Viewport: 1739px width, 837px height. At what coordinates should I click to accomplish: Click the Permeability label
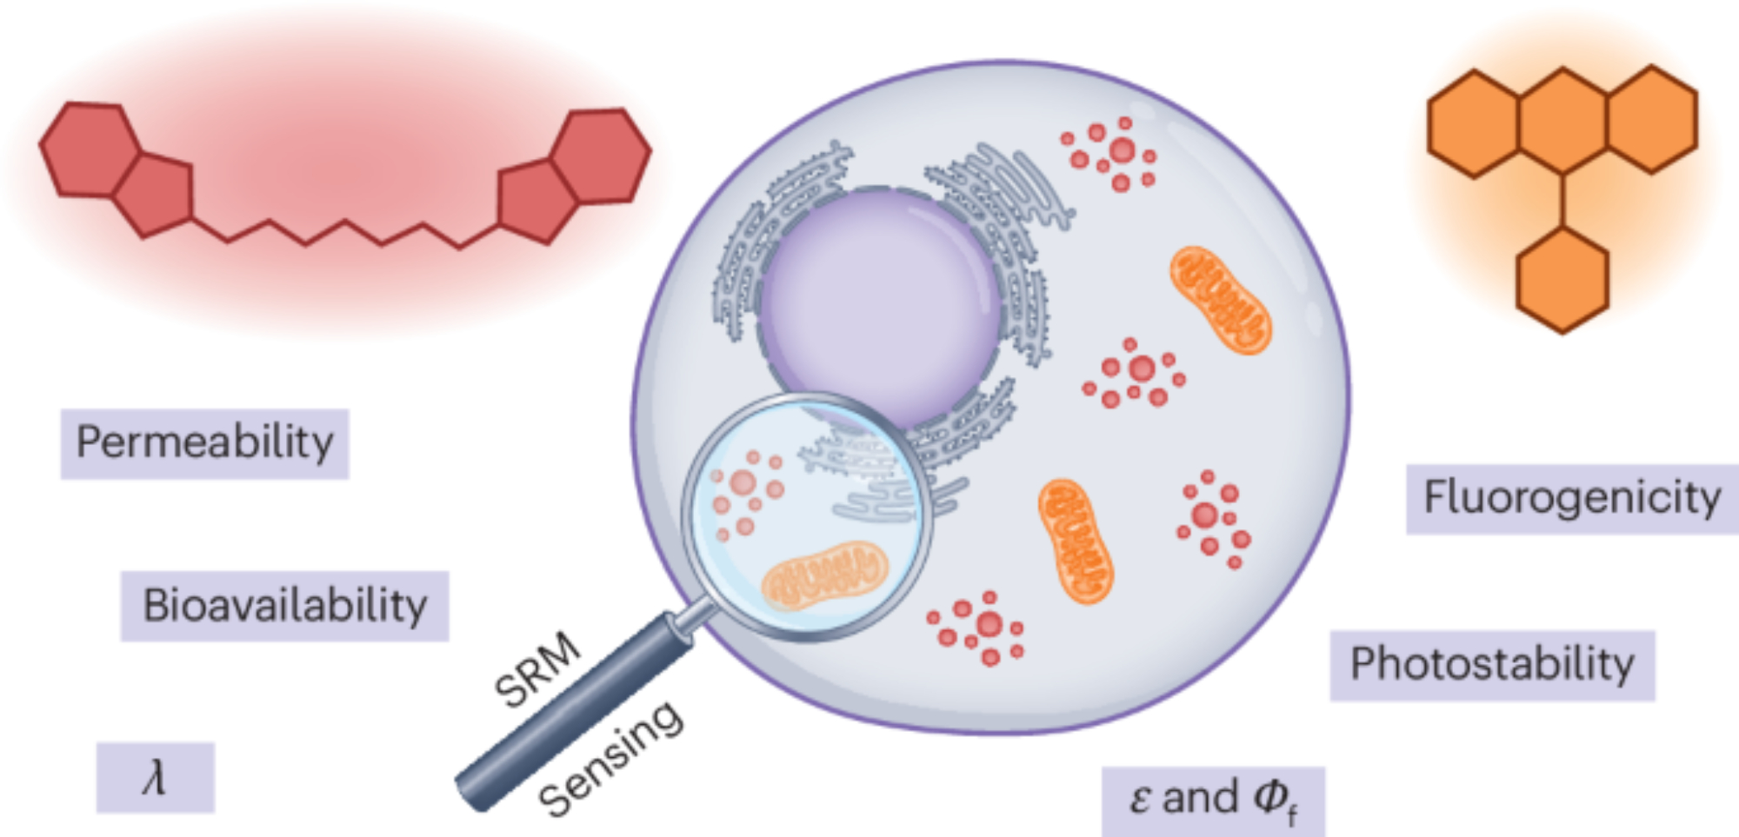click(x=204, y=443)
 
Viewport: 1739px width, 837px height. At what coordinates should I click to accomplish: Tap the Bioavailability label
click(x=284, y=606)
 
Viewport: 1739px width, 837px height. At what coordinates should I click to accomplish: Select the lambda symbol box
click(x=155, y=777)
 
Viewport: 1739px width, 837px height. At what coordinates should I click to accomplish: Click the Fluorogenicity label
click(x=1571, y=499)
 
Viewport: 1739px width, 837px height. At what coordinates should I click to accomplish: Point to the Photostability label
click(x=1492, y=665)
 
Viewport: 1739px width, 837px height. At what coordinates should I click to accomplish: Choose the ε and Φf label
click(x=1213, y=800)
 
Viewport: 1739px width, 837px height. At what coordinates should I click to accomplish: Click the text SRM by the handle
click(x=537, y=669)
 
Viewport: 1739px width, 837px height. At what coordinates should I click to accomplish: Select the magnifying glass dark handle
click(x=574, y=713)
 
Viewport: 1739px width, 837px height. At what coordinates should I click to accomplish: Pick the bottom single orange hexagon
click(x=1562, y=280)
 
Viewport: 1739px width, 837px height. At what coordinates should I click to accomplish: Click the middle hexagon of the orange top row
click(x=1562, y=120)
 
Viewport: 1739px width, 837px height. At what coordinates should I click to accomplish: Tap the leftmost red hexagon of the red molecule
click(x=90, y=149)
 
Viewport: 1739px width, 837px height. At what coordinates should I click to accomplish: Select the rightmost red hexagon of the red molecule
click(x=601, y=156)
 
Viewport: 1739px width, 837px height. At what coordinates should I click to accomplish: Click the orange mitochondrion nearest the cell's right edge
click(x=1220, y=300)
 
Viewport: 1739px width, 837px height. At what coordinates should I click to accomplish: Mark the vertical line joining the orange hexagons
click(x=1562, y=200)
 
